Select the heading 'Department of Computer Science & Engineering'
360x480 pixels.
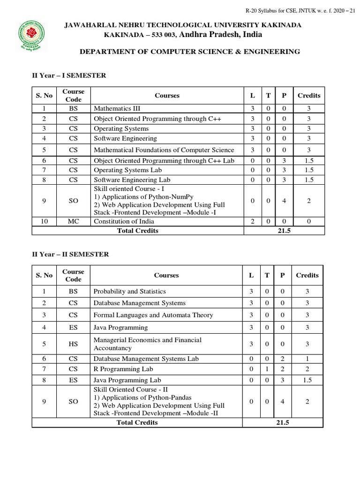(189, 52)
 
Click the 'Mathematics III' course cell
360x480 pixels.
(113, 109)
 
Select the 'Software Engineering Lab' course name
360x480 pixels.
(132, 180)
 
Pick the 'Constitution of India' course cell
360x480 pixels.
(123, 221)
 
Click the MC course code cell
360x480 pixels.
(73, 221)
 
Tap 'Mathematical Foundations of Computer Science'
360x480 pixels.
(164, 150)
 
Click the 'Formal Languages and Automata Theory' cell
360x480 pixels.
(153, 315)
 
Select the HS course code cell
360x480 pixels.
(73, 344)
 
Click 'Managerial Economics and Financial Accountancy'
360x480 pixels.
(147, 344)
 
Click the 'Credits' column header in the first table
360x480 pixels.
(309, 96)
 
